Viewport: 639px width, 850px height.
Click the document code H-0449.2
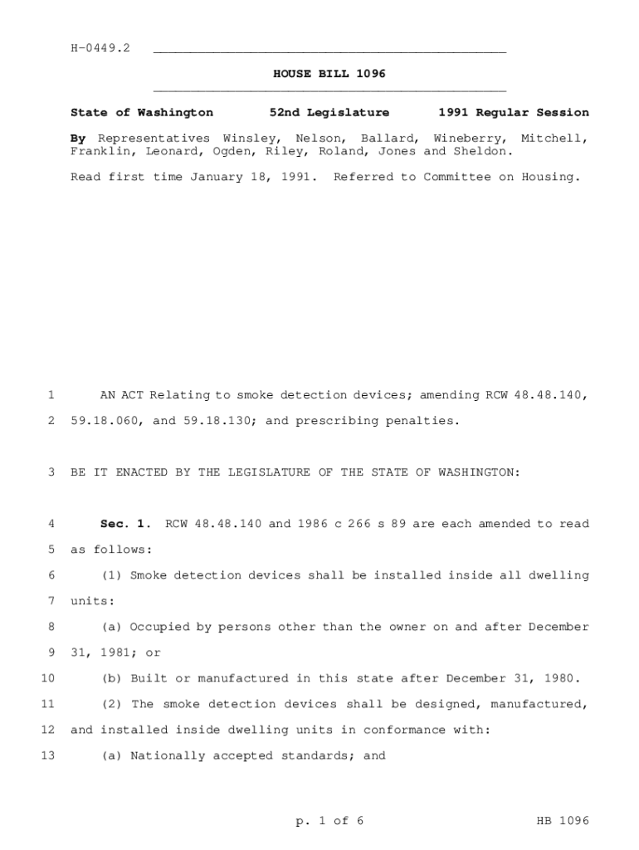[x=100, y=48]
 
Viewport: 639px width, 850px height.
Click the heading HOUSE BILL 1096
[x=329, y=74]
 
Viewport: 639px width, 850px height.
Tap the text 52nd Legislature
[x=329, y=112]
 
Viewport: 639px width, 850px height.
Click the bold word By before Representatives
[x=78, y=138]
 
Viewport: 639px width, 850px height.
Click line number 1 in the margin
[x=51, y=395]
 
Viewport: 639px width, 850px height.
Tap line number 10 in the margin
[x=47, y=678]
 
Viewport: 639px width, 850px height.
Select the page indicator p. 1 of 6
[x=329, y=821]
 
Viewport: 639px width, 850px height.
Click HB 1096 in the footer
[x=563, y=821]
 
